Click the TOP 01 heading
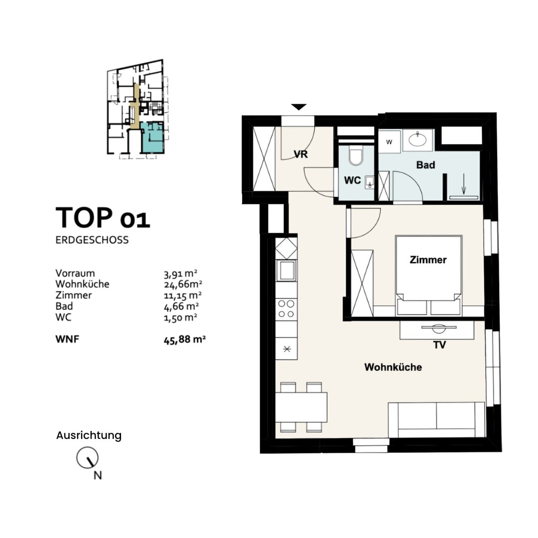[103, 217]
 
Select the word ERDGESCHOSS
[92, 240]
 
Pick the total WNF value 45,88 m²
[184, 340]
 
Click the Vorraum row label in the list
[75, 273]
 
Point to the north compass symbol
[87, 458]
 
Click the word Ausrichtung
[89, 435]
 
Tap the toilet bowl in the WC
[356, 156]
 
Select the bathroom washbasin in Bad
[417, 139]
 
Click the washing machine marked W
[390, 141]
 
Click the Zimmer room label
[428, 260]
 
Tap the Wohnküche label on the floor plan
[393, 367]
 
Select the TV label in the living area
[439, 345]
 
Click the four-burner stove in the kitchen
[286, 308]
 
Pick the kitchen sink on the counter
[286, 270]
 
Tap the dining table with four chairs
[301, 407]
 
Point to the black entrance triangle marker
[298, 107]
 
